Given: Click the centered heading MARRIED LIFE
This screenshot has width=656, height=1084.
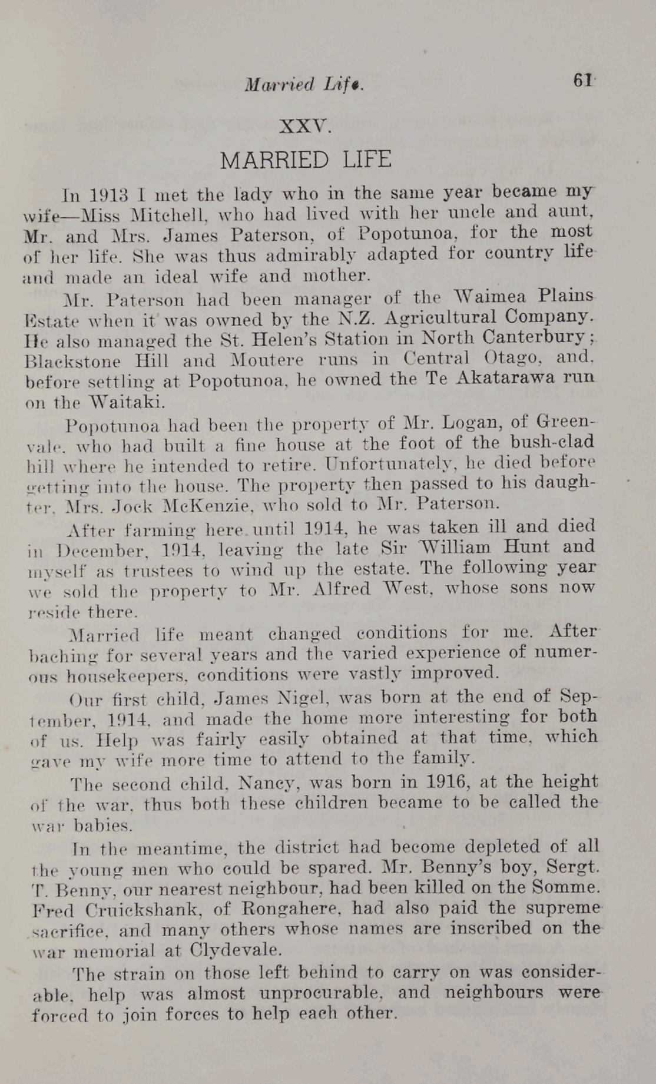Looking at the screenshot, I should click(x=306, y=160).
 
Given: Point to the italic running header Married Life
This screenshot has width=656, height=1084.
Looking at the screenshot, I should click(x=304, y=85).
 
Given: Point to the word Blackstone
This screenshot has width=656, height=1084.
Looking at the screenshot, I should click(x=73, y=361).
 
